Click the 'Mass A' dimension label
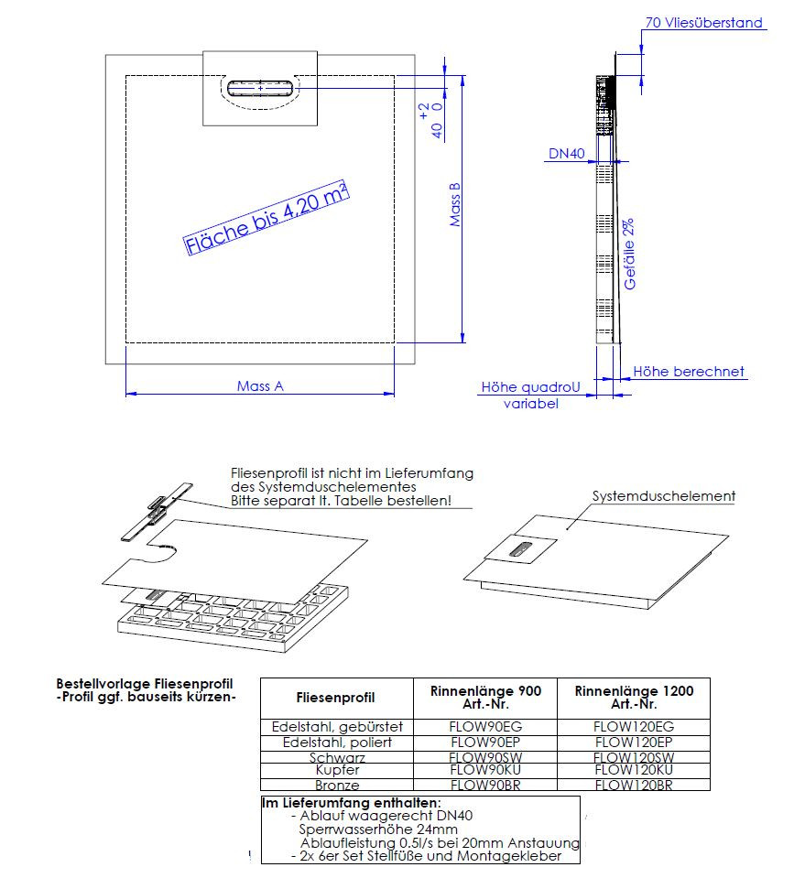(x=260, y=386)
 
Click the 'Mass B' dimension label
(x=455, y=205)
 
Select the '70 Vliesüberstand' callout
(x=703, y=23)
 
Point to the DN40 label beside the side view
(x=566, y=155)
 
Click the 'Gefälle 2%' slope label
(x=630, y=255)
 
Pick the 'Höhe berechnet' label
(x=689, y=372)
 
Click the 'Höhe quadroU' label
(x=531, y=387)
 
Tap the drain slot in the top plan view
(x=261, y=88)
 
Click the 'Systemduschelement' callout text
(x=664, y=496)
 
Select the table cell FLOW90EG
(x=484, y=727)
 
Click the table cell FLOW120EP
(x=634, y=743)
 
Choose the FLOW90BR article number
(x=484, y=786)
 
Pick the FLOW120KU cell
(x=634, y=771)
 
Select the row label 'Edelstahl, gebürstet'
(x=338, y=727)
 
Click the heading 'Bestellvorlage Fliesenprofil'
(x=145, y=684)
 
